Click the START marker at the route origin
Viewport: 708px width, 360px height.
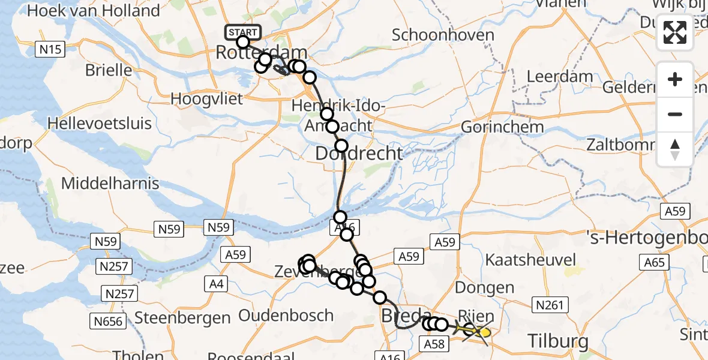[x=243, y=32]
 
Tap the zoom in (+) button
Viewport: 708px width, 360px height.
[x=675, y=79]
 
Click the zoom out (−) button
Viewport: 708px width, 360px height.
[x=675, y=114]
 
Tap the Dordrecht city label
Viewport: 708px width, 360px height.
[x=359, y=154]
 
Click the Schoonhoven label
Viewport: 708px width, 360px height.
[x=443, y=35]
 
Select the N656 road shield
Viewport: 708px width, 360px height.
[x=109, y=322]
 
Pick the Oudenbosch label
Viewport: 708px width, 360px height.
[x=286, y=315]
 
